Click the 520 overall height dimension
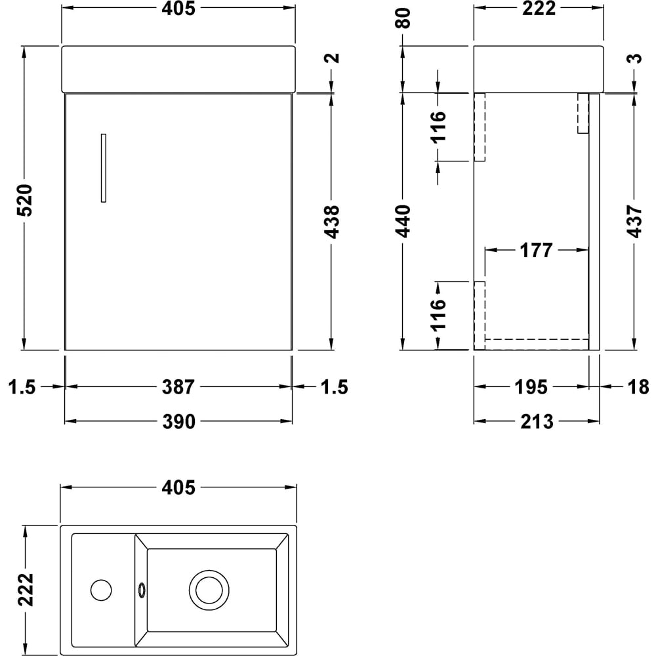(24, 201)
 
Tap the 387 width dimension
(179, 387)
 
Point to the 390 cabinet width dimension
(179, 422)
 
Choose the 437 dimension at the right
(635, 222)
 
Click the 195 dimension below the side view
(531, 387)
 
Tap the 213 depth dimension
(537, 422)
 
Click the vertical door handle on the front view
(104, 168)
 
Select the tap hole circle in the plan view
(101, 590)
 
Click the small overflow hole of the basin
(140, 590)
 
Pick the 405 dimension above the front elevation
(179, 9)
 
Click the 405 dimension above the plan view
(179, 487)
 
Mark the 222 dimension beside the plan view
(24, 590)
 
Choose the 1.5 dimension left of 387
(23, 387)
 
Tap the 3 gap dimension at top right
(635, 58)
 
